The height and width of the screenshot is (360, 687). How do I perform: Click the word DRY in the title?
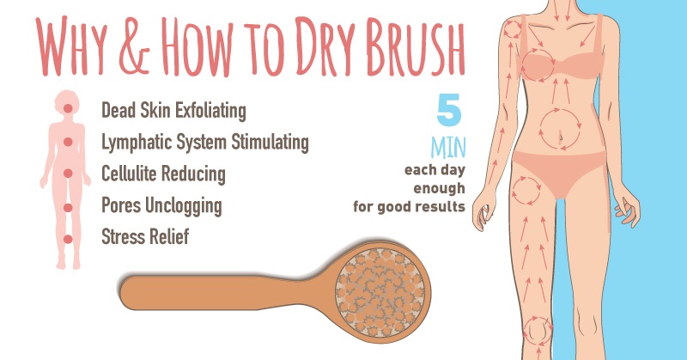(x=325, y=47)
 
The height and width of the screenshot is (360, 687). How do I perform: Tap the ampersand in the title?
(x=134, y=47)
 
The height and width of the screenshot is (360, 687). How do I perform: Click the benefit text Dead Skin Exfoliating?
(x=173, y=111)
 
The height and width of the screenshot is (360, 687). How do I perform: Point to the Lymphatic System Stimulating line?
(x=205, y=143)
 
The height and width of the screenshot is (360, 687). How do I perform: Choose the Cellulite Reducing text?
(x=163, y=174)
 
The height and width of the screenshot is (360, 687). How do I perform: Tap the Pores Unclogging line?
(x=161, y=205)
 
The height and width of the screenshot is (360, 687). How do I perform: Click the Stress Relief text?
(x=145, y=237)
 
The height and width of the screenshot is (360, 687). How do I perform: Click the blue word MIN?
(x=448, y=148)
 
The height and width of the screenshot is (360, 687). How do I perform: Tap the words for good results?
(x=410, y=206)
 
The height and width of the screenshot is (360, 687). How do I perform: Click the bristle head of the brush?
(x=380, y=292)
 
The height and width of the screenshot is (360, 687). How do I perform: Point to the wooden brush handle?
(x=223, y=293)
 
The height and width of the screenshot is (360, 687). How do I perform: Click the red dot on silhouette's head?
(x=68, y=108)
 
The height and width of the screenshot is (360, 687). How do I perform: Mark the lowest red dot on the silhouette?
(x=68, y=240)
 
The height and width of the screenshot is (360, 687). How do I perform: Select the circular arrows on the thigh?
(x=514, y=191)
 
